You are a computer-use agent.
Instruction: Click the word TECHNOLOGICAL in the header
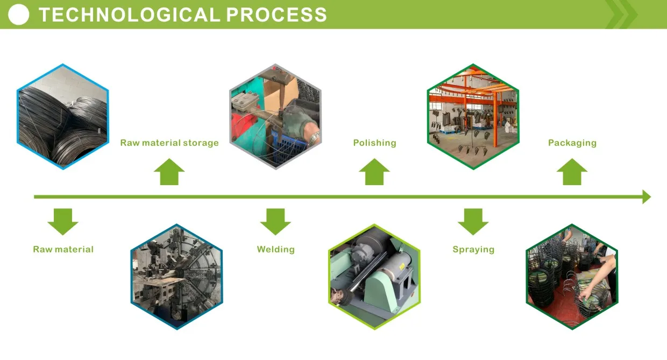pos(129,15)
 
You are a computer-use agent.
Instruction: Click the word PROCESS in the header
pos(276,15)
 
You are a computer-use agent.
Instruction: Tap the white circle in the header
pos(19,15)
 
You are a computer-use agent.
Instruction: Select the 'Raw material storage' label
pos(169,143)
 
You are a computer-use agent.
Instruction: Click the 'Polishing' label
pos(374,143)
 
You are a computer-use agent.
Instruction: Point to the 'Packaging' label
pos(572,143)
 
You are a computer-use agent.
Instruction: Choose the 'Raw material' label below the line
pos(63,250)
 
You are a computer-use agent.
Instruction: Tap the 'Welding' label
pos(275,250)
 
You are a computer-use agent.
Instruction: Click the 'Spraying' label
pos(473,250)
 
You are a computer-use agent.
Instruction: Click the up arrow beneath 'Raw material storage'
pos(169,172)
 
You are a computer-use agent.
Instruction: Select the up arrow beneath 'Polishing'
pos(374,172)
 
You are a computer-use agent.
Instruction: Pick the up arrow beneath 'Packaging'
pos(572,172)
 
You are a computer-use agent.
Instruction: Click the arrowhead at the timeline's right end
pos(646,197)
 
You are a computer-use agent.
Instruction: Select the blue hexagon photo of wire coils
pos(63,116)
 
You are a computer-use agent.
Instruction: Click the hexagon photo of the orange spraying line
pos(473,116)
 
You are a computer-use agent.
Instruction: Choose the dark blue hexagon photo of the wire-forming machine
pos(176,276)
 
